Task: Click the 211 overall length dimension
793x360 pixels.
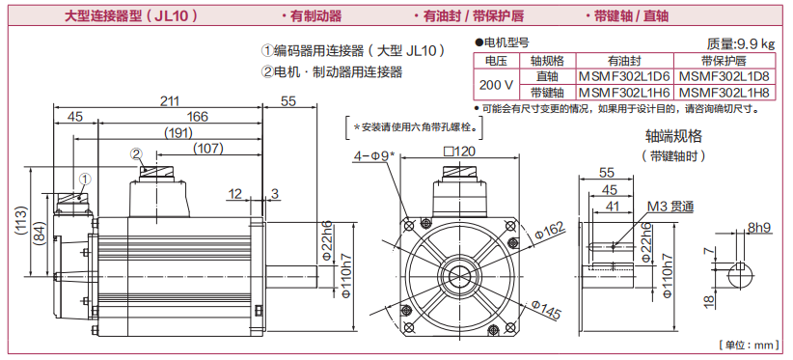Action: click(x=170, y=101)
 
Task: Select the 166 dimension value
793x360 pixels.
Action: click(x=197, y=117)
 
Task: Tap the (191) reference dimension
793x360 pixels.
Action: click(x=178, y=133)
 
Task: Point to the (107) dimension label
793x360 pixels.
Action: click(x=207, y=148)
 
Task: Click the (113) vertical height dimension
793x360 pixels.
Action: click(x=20, y=220)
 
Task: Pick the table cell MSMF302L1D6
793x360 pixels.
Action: click(x=624, y=76)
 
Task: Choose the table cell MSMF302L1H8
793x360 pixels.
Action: click(x=724, y=93)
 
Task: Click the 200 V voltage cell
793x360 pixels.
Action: click(x=496, y=84)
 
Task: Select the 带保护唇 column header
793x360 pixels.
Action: click(x=724, y=61)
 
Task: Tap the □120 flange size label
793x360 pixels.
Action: click(x=459, y=152)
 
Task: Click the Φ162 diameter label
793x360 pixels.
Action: click(x=548, y=231)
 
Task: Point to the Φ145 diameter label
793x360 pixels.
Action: click(x=546, y=310)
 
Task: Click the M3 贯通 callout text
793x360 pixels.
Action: click(x=671, y=207)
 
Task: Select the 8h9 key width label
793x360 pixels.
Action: click(x=759, y=228)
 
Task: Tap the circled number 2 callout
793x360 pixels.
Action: click(x=135, y=152)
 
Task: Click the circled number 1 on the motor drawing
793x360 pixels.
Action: click(x=86, y=178)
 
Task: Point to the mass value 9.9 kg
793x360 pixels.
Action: click(x=753, y=44)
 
